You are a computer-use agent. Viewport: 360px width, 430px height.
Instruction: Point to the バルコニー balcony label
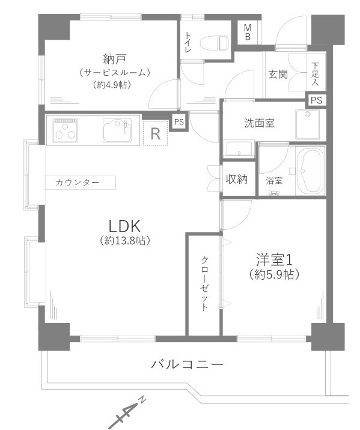pyautogui.click(x=188, y=364)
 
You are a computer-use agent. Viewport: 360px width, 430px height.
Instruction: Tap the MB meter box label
pyautogui.click(x=248, y=32)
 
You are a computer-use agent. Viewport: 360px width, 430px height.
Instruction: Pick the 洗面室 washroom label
pyautogui.click(x=260, y=123)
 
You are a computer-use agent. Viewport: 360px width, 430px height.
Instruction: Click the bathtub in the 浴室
pyautogui.click(x=310, y=171)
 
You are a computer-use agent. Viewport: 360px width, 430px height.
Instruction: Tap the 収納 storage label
pyautogui.click(x=236, y=179)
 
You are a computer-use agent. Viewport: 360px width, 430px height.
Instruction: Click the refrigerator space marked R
pyautogui.click(x=155, y=133)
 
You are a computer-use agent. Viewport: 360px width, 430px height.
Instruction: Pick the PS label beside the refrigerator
pyautogui.click(x=178, y=121)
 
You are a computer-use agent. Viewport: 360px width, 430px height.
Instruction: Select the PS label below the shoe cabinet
pyautogui.click(x=316, y=100)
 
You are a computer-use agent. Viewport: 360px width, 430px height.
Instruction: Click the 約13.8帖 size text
pyautogui.click(x=125, y=241)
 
